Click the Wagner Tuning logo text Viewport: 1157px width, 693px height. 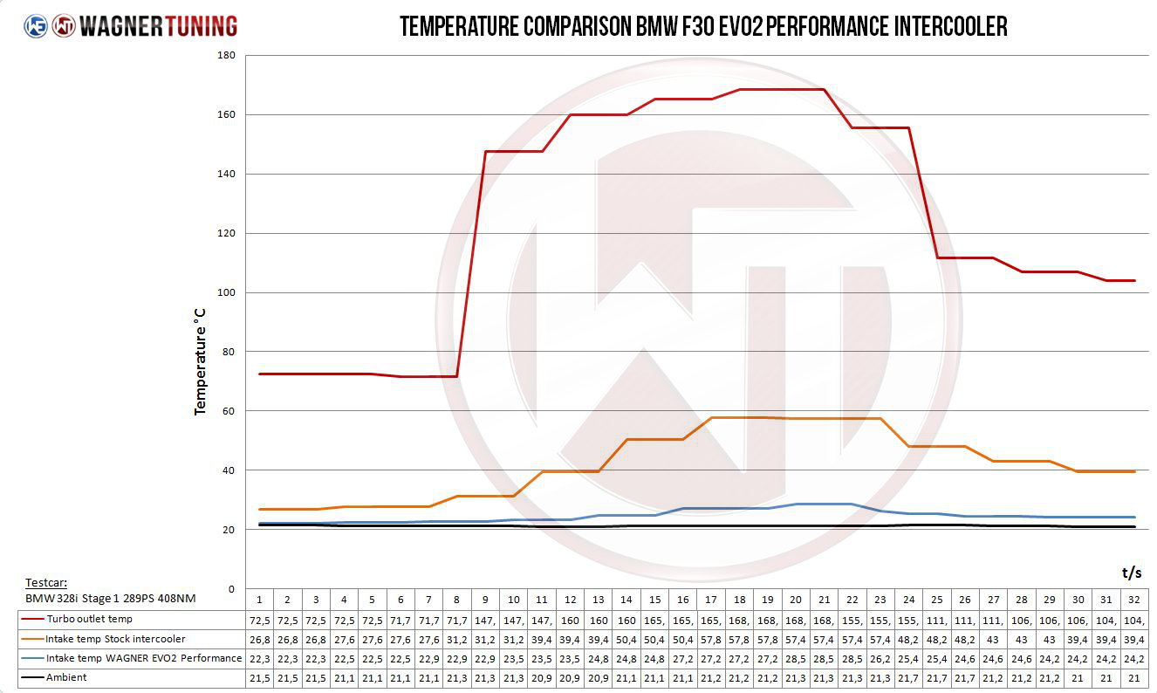pyautogui.click(x=157, y=26)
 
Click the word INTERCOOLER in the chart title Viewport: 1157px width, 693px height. pyautogui.click(x=950, y=27)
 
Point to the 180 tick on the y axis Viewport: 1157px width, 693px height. pyautogui.click(x=225, y=56)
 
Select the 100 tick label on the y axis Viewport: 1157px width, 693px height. pyautogui.click(x=225, y=292)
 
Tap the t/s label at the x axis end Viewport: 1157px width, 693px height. pyautogui.click(x=1131, y=573)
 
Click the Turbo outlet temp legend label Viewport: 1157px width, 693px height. pyautogui.click(x=89, y=620)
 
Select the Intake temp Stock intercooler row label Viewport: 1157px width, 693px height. pyautogui.click(x=115, y=639)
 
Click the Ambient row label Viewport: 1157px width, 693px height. pyautogui.click(x=66, y=677)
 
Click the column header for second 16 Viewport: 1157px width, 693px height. pyautogui.click(x=683, y=600)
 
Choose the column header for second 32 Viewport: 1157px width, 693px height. pyautogui.click(x=1134, y=600)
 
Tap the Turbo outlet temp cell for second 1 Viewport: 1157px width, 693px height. pyautogui.click(x=259, y=620)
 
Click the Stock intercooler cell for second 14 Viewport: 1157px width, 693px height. pyautogui.click(x=626, y=639)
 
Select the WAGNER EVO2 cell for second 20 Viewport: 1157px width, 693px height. pyautogui.click(x=796, y=658)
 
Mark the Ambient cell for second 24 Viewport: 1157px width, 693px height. pyautogui.click(x=908, y=677)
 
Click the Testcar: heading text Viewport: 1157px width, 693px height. pyautogui.click(x=46, y=582)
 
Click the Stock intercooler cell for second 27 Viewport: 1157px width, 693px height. pyautogui.click(x=993, y=639)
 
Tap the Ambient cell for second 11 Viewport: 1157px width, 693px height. pyautogui.click(x=542, y=677)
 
